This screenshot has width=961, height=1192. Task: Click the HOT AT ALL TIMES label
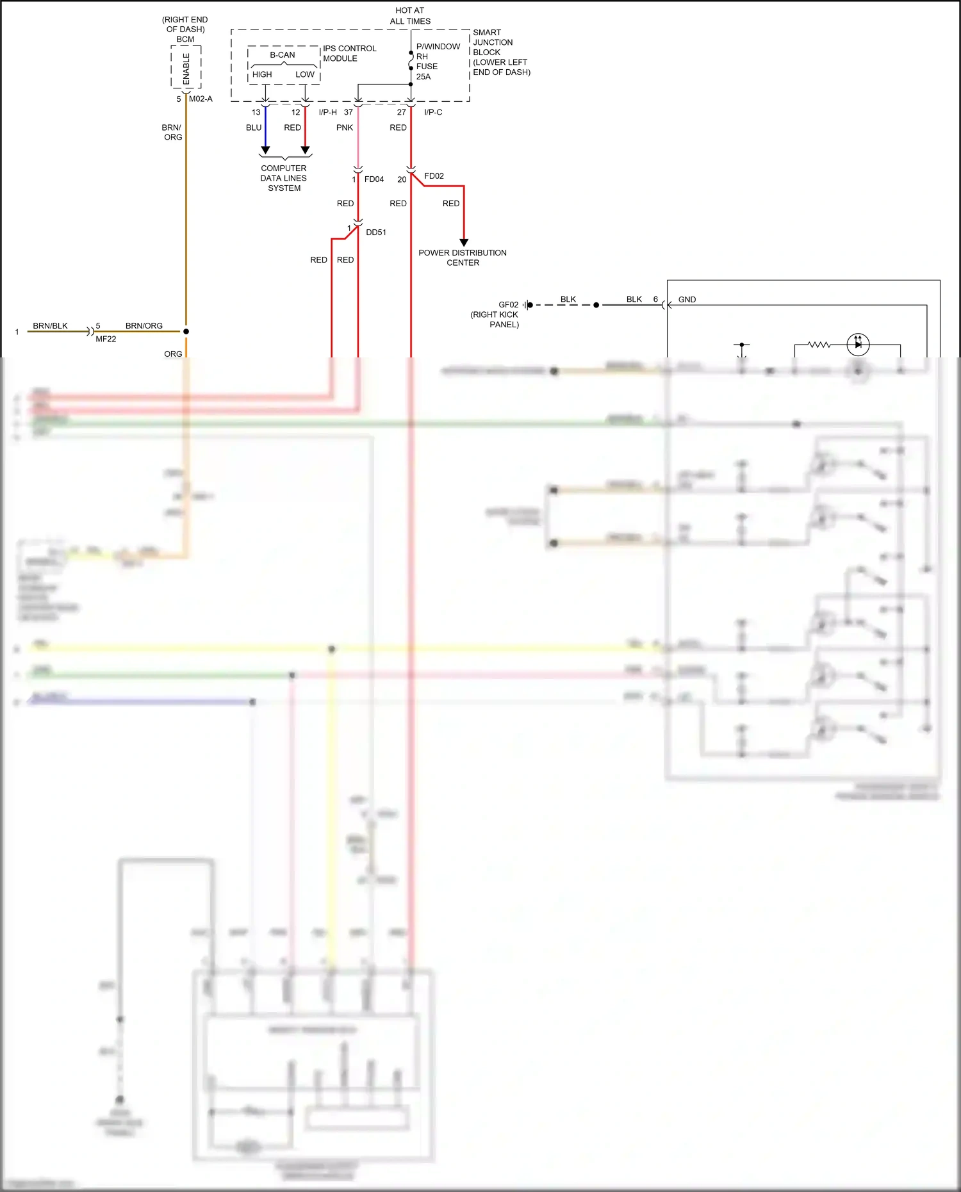pyautogui.click(x=410, y=16)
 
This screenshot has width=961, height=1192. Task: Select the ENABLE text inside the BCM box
pyautogui.click(x=186, y=69)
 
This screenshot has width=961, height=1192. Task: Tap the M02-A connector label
pyautogui.click(x=201, y=99)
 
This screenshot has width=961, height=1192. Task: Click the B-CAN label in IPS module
pyautogui.click(x=283, y=55)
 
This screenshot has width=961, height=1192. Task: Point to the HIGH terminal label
pyautogui.click(x=262, y=74)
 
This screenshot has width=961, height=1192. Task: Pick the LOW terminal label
pyautogui.click(x=305, y=74)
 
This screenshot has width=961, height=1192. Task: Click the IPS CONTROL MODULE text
pyautogui.click(x=349, y=53)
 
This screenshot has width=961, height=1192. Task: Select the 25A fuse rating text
pyautogui.click(x=423, y=77)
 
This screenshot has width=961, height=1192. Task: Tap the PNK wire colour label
pyautogui.click(x=345, y=128)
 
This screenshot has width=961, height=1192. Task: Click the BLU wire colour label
pyautogui.click(x=254, y=128)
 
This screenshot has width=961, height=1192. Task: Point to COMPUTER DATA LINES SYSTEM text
pyautogui.click(x=284, y=178)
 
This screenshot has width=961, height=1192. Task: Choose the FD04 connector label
pyautogui.click(x=374, y=179)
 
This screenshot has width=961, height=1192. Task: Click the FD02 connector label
pyautogui.click(x=434, y=176)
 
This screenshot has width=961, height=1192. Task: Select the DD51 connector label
pyautogui.click(x=376, y=233)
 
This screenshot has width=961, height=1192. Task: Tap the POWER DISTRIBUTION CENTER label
pyautogui.click(x=463, y=257)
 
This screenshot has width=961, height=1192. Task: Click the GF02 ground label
pyautogui.click(x=508, y=305)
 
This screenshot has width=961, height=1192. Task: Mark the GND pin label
pyautogui.click(x=687, y=300)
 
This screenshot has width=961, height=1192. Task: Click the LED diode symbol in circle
pyautogui.click(x=858, y=345)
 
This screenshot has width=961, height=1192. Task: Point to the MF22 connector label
pyautogui.click(x=106, y=339)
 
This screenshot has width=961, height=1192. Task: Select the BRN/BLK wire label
pyautogui.click(x=50, y=326)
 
